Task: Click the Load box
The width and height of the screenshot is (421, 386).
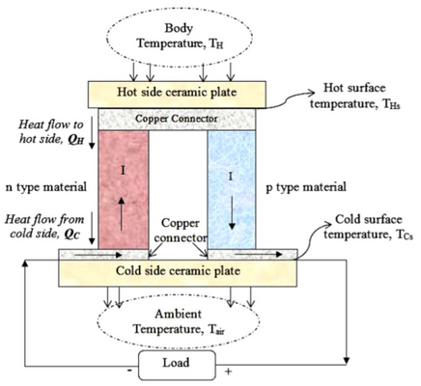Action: point(177,365)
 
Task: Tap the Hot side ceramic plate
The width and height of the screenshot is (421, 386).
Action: point(177,95)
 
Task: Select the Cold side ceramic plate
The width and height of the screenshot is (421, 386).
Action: point(178,273)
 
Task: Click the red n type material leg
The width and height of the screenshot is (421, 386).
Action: point(124,189)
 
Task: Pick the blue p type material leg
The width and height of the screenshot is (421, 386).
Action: point(232,189)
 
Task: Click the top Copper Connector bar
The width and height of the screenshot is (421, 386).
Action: point(177,119)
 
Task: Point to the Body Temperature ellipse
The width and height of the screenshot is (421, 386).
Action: point(180,37)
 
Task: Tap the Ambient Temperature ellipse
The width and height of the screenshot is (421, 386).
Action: point(179,322)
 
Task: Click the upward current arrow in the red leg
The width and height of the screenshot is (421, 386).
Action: point(122,213)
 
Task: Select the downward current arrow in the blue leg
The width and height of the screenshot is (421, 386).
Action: point(232,210)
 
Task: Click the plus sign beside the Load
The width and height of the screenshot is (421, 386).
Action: point(228,372)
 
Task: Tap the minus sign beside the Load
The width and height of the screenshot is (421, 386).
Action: point(129,371)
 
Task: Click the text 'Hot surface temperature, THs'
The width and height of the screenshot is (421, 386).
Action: point(355,96)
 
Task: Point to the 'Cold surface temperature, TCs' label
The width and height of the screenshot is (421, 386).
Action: point(369,227)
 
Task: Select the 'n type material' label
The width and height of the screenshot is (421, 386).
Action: point(46,187)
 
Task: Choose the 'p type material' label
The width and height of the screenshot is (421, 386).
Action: point(306,187)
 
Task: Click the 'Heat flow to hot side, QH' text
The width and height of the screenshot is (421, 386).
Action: point(51,132)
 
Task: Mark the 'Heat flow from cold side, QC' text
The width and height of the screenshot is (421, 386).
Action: point(44,227)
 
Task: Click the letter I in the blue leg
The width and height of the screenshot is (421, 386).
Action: point(230,177)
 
